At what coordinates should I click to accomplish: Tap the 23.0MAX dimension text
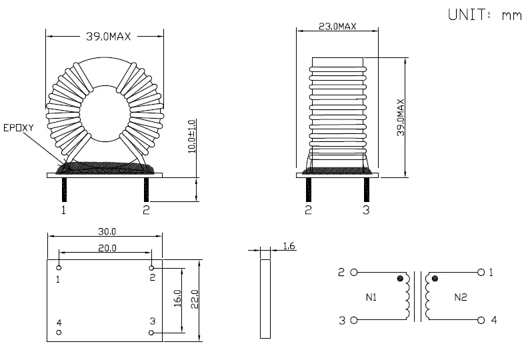tap(337, 27)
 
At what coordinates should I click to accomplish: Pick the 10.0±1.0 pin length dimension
tap(193, 137)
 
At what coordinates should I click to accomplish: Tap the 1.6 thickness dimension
tap(289, 247)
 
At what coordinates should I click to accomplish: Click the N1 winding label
tap(371, 297)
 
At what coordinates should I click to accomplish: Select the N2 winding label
tap(461, 297)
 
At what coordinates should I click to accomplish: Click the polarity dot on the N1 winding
tap(400, 278)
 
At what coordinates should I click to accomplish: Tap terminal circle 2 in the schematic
tap(354, 273)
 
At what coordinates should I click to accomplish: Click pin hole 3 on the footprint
tap(152, 332)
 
